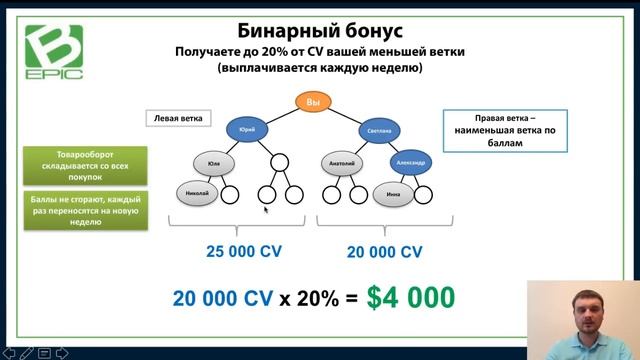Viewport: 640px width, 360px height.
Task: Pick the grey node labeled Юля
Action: [x=212, y=162]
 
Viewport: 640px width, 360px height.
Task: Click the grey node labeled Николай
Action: [x=196, y=193]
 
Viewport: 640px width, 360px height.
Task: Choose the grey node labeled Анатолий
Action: [x=342, y=163]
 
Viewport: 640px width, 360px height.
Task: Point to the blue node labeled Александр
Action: [x=411, y=163]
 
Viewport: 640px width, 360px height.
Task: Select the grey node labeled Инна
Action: [x=394, y=194]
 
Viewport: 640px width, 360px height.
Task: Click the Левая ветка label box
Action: [x=178, y=119]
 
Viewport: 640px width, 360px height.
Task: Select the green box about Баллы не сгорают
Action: [x=86, y=211]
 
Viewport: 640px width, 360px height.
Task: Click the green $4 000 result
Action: [x=410, y=296]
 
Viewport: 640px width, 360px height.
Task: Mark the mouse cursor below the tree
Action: [x=265, y=210]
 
